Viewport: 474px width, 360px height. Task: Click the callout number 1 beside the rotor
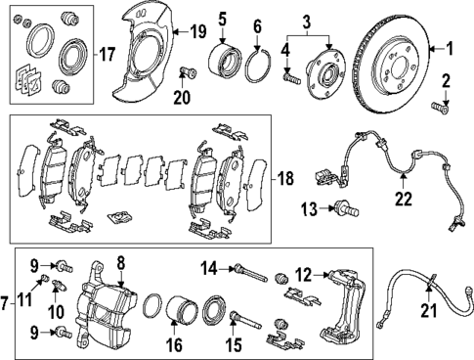[451, 47]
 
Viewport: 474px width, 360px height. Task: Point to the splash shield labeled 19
[148, 59]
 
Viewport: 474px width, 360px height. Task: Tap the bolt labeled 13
[343, 207]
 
